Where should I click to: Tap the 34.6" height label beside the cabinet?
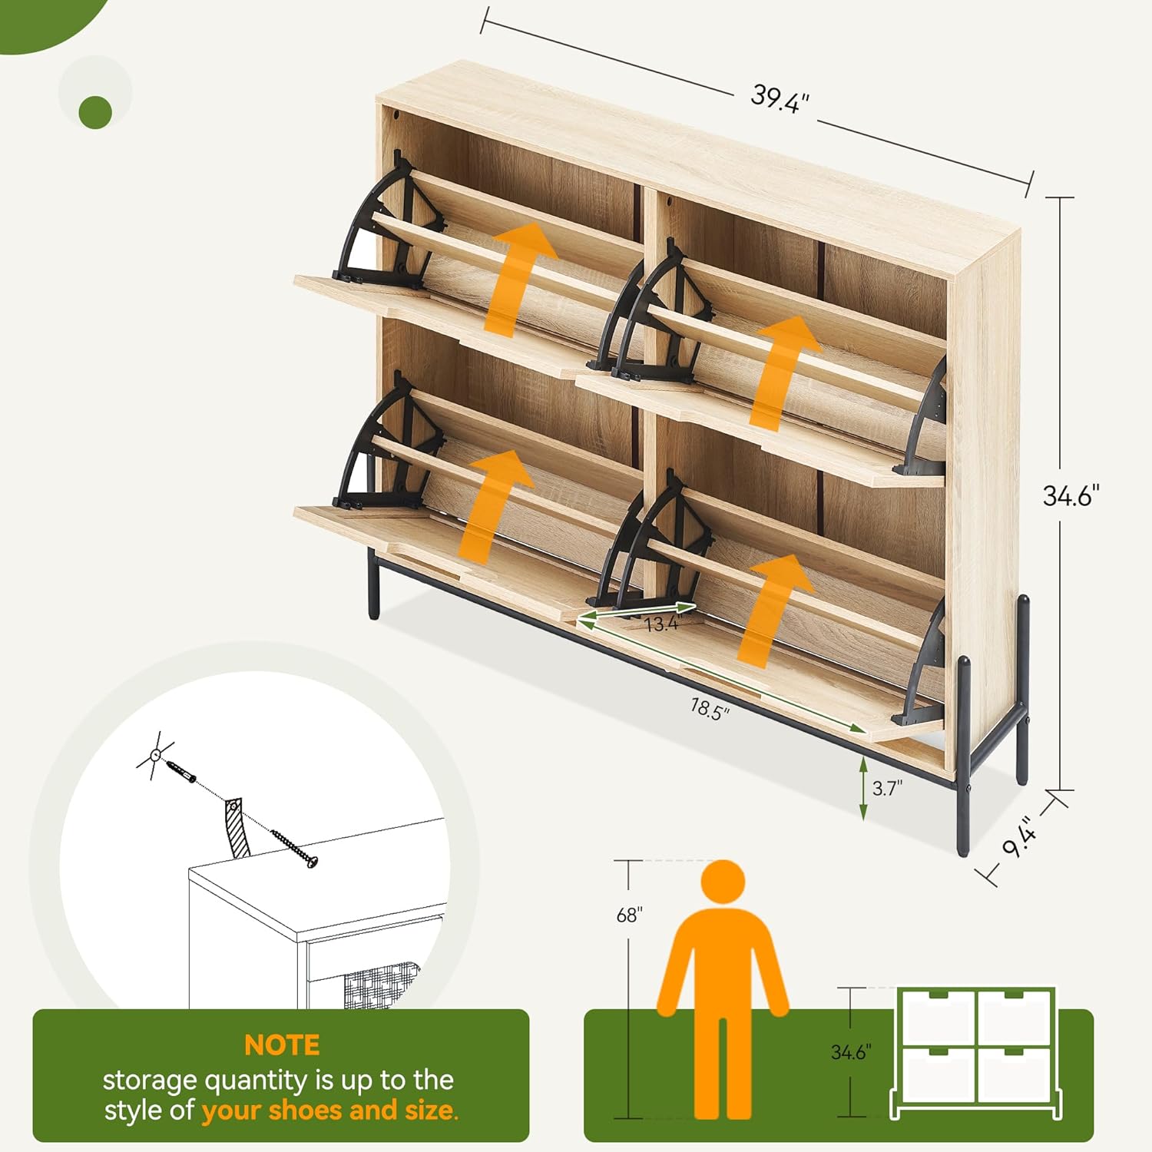[1071, 496]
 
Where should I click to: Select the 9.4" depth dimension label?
[1021, 837]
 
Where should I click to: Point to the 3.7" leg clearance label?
[887, 788]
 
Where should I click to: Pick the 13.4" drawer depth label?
[661, 624]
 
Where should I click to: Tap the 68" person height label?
[629, 915]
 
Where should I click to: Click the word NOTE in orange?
[282, 1045]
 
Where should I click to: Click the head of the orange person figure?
[723, 883]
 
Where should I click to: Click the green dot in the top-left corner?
[95, 111]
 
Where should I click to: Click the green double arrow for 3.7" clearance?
[863, 788]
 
